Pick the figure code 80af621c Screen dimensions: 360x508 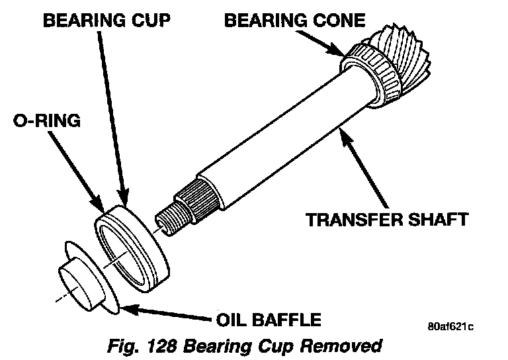450,326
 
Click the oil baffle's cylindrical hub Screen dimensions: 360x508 77,285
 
